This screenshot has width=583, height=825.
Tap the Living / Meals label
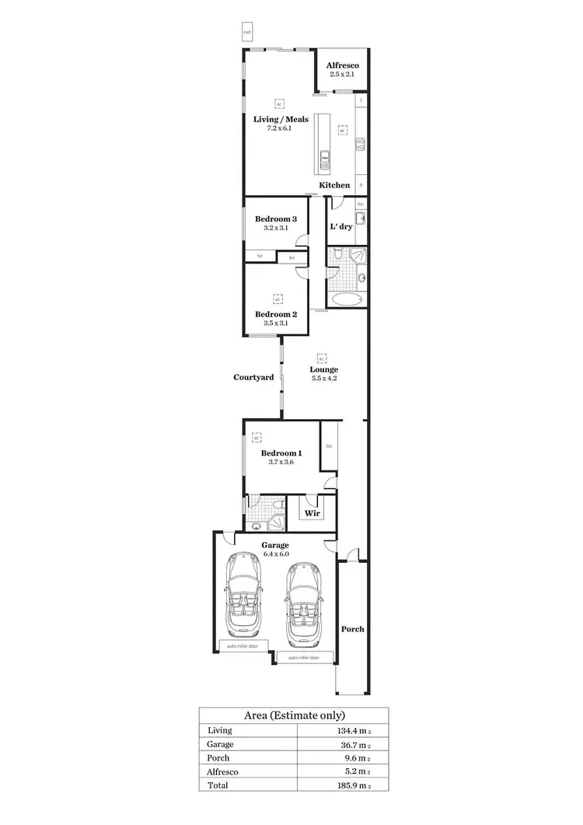tap(281, 120)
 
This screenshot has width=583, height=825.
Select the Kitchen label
tap(334, 185)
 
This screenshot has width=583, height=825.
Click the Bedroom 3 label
tap(276, 219)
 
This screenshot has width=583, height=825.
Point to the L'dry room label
tap(340, 227)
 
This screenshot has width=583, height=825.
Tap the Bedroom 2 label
tap(276, 314)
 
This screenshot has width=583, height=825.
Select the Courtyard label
tap(253, 377)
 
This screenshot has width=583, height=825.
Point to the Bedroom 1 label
tap(281, 453)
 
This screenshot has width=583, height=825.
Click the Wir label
tap(312, 513)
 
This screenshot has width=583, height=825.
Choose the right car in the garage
tap(304, 603)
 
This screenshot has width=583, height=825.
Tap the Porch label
tap(352, 629)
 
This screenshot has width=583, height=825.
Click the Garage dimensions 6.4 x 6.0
tap(275, 554)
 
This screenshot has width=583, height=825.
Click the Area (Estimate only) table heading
tap(294, 715)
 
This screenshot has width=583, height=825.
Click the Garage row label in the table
tap(220, 744)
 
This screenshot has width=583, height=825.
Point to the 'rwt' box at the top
tap(247, 32)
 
